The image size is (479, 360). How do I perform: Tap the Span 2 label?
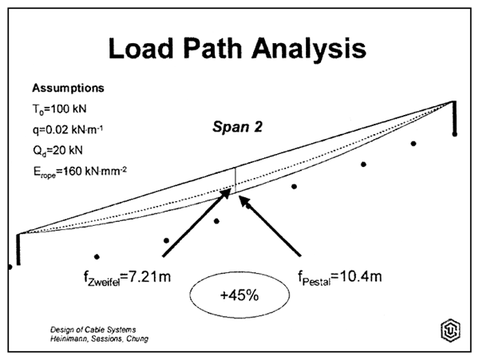237,126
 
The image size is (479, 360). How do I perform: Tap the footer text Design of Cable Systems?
77,330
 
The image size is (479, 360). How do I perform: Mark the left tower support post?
17,251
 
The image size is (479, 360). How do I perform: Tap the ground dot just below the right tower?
454,135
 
